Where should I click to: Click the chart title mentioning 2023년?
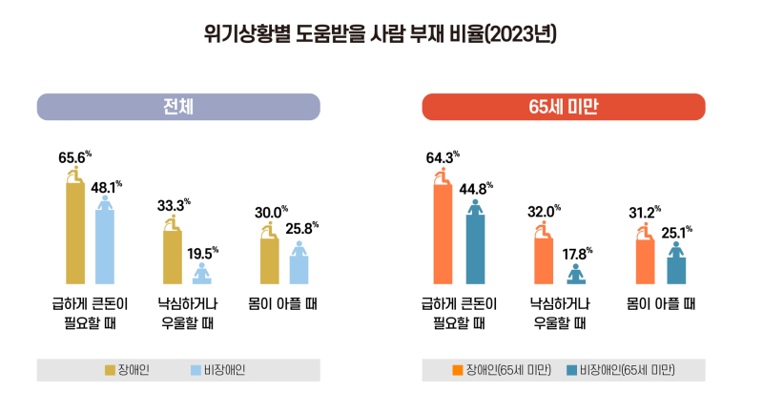click(x=381, y=34)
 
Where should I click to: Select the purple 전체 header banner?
click(x=178, y=107)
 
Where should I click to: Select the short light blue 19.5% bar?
click(x=202, y=276)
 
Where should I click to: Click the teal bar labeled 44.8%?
click(x=474, y=249)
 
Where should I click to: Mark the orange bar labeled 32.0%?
click(x=544, y=260)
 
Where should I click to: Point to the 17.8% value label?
click(x=575, y=254)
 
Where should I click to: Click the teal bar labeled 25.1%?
click(x=675, y=269)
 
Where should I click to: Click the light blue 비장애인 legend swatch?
click(x=195, y=369)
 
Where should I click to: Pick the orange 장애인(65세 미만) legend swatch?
click(x=458, y=369)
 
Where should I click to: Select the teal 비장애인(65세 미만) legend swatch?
click(x=571, y=369)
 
